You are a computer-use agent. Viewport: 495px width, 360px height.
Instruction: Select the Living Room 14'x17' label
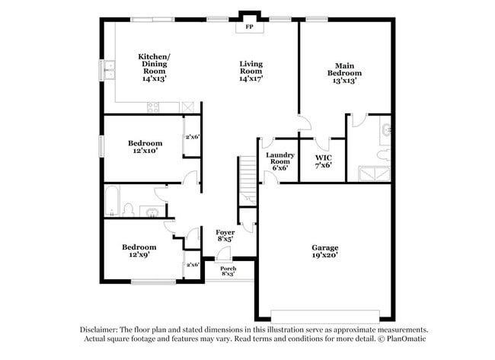point(251,71)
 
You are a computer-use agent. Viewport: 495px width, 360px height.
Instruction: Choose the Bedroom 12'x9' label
point(139,251)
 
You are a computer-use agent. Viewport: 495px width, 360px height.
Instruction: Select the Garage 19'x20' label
point(325,252)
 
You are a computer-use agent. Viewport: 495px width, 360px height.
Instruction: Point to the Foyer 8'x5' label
point(225,235)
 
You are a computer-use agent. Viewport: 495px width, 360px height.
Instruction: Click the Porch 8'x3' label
point(228,272)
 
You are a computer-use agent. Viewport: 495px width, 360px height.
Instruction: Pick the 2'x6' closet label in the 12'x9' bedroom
point(192,265)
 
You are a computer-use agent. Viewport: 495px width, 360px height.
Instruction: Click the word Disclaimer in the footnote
point(103,330)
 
